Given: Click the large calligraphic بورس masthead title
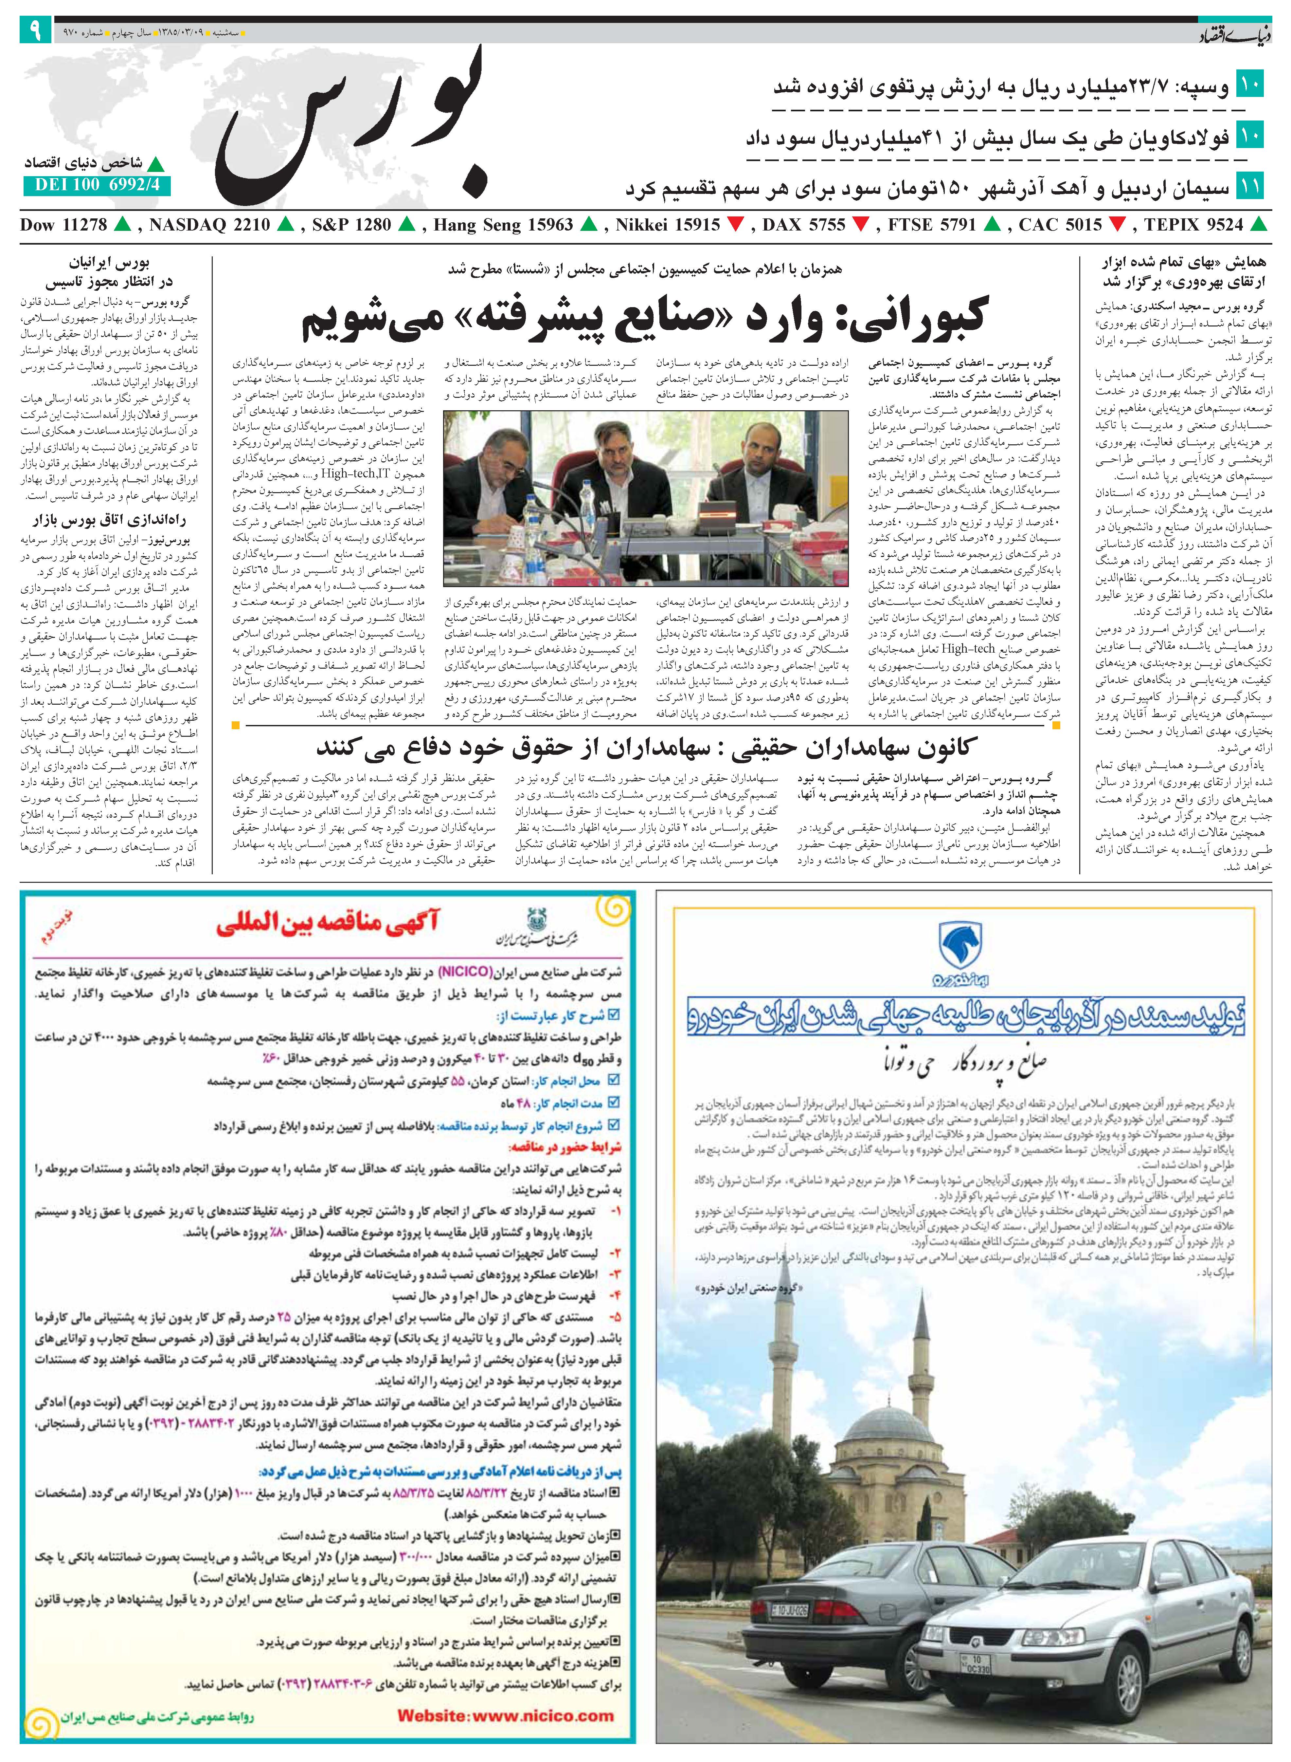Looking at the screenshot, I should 352,125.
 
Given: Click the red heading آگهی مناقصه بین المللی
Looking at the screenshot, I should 328,925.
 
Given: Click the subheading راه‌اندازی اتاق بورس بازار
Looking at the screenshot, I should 109,520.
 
